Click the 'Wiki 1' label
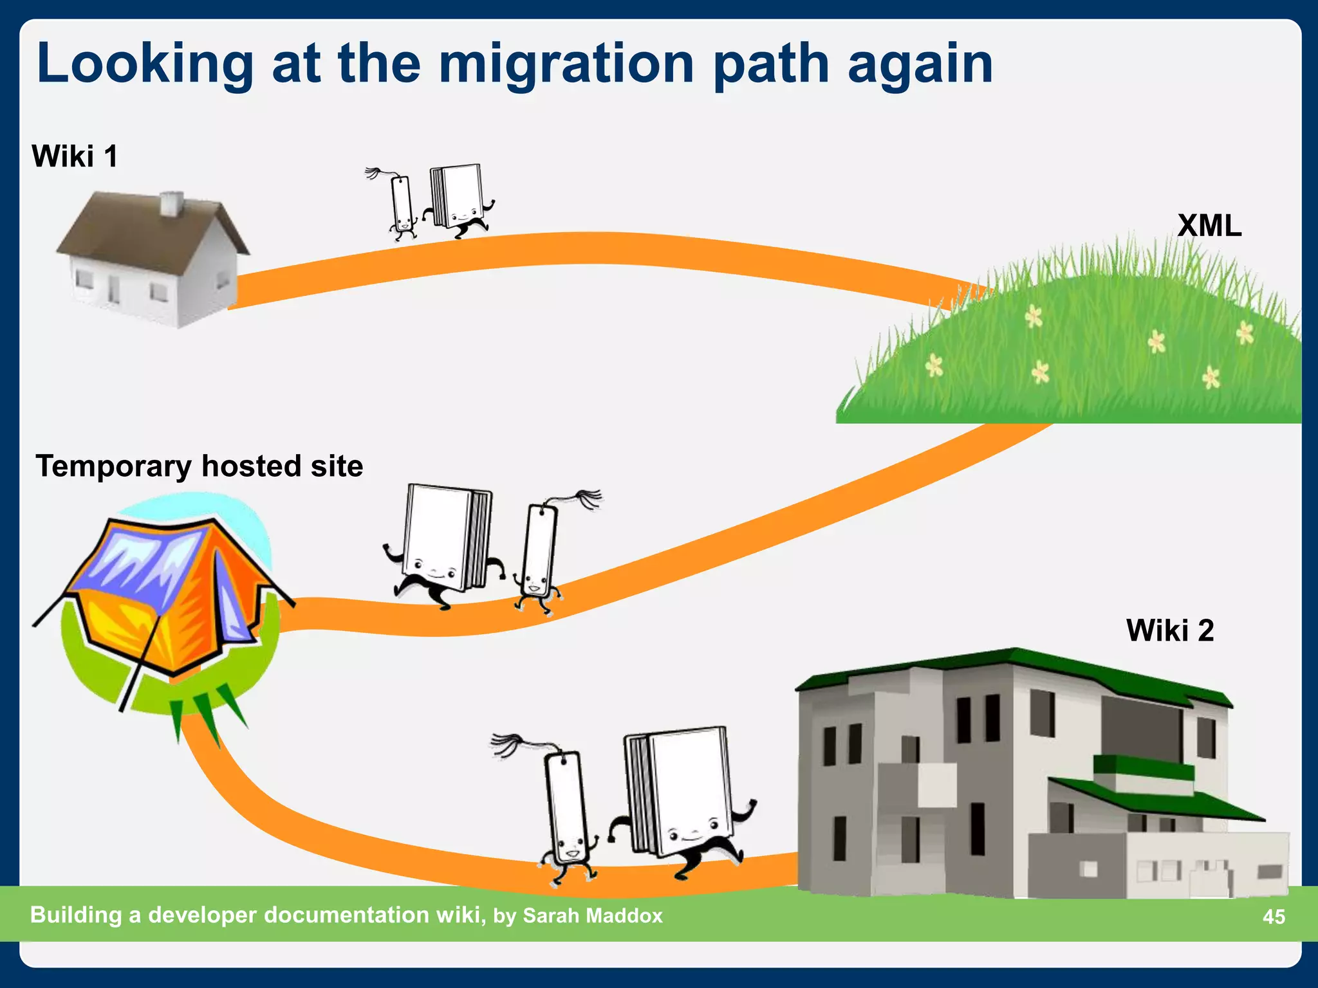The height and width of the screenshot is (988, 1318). click(x=75, y=156)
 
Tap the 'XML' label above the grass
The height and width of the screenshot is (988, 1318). click(x=1209, y=226)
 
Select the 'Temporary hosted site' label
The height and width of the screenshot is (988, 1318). click(x=199, y=466)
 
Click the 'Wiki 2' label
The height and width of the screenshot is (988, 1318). click(x=1169, y=630)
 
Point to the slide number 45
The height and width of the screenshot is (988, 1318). click(x=1274, y=916)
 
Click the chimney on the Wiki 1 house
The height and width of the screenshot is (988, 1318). click(x=171, y=203)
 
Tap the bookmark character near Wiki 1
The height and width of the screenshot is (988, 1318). click(x=402, y=205)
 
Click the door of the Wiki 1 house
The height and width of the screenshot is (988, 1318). click(x=114, y=289)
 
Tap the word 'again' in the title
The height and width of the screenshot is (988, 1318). click(x=920, y=64)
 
